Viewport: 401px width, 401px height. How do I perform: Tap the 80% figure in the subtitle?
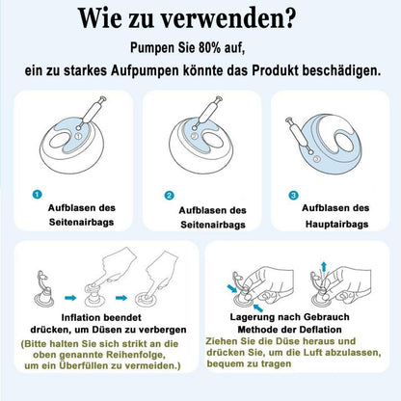point(209,47)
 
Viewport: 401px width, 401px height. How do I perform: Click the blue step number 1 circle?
point(38,195)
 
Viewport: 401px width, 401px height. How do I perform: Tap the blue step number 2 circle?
point(169,195)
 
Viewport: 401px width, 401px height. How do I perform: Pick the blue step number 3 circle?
point(293,195)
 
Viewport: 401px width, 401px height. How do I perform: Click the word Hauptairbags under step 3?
point(336,224)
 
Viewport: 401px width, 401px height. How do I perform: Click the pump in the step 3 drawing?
point(299,135)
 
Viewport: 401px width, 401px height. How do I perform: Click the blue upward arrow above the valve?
point(324,267)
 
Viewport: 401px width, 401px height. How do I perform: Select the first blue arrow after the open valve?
point(70,298)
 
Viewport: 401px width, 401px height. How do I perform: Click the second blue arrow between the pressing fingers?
point(121,298)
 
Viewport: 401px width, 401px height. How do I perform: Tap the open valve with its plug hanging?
point(44,289)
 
